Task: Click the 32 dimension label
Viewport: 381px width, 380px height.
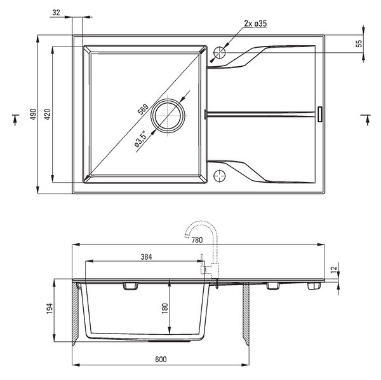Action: coord(56,12)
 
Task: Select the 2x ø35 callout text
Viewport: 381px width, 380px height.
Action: coord(255,24)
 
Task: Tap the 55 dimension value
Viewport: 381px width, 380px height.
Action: coord(359,43)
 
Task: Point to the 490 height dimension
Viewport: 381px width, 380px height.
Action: coord(33,114)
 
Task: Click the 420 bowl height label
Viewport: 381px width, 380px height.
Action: coord(47,114)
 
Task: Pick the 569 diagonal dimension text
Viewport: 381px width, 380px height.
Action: coord(143,109)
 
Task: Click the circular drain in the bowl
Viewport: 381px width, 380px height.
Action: coord(168,116)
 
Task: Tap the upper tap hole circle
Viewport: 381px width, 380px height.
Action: coord(220,52)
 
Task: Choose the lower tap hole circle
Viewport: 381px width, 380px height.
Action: coord(220,176)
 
